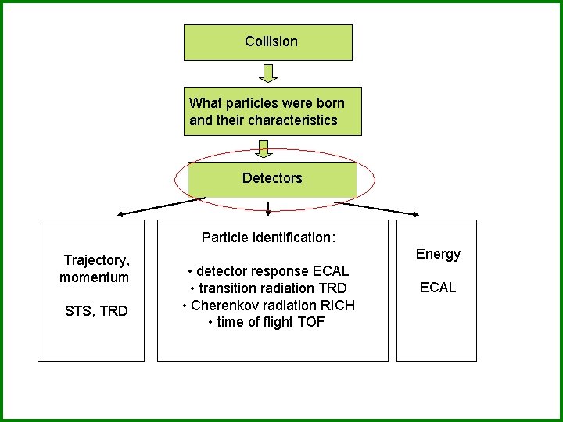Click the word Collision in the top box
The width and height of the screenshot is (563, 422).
[271, 41]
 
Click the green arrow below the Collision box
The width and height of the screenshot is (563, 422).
[268, 73]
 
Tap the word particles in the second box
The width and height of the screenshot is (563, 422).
[249, 103]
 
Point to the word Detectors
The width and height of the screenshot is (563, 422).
[271, 178]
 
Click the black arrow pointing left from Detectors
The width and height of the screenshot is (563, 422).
[160, 206]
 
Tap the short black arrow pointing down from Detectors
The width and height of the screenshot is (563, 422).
[268, 208]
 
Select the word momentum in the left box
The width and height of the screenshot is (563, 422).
[94, 277]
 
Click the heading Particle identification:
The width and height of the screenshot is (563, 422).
[268, 237]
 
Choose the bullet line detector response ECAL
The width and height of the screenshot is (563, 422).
[268, 271]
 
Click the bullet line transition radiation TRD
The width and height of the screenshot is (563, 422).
[268, 288]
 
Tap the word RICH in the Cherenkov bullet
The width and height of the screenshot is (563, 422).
[337, 306]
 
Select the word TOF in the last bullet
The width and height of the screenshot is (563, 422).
[312, 323]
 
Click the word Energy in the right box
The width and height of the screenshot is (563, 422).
[438, 254]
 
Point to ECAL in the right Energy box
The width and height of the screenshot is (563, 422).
[437, 288]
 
